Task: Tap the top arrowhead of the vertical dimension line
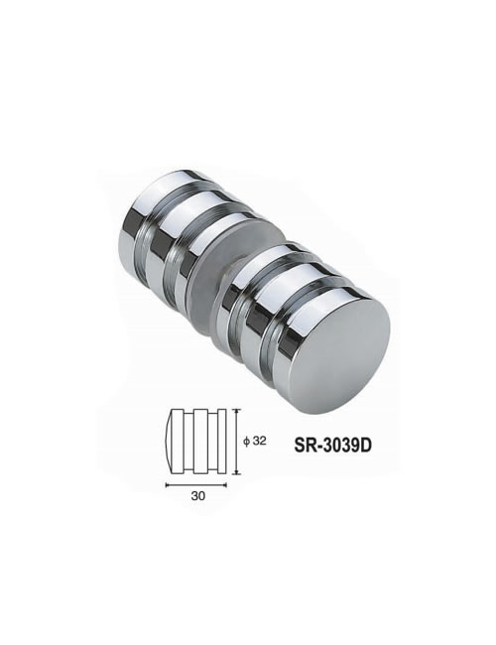click(x=236, y=411)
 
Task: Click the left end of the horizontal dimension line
click(x=167, y=485)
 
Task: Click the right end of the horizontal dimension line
click(x=226, y=485)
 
